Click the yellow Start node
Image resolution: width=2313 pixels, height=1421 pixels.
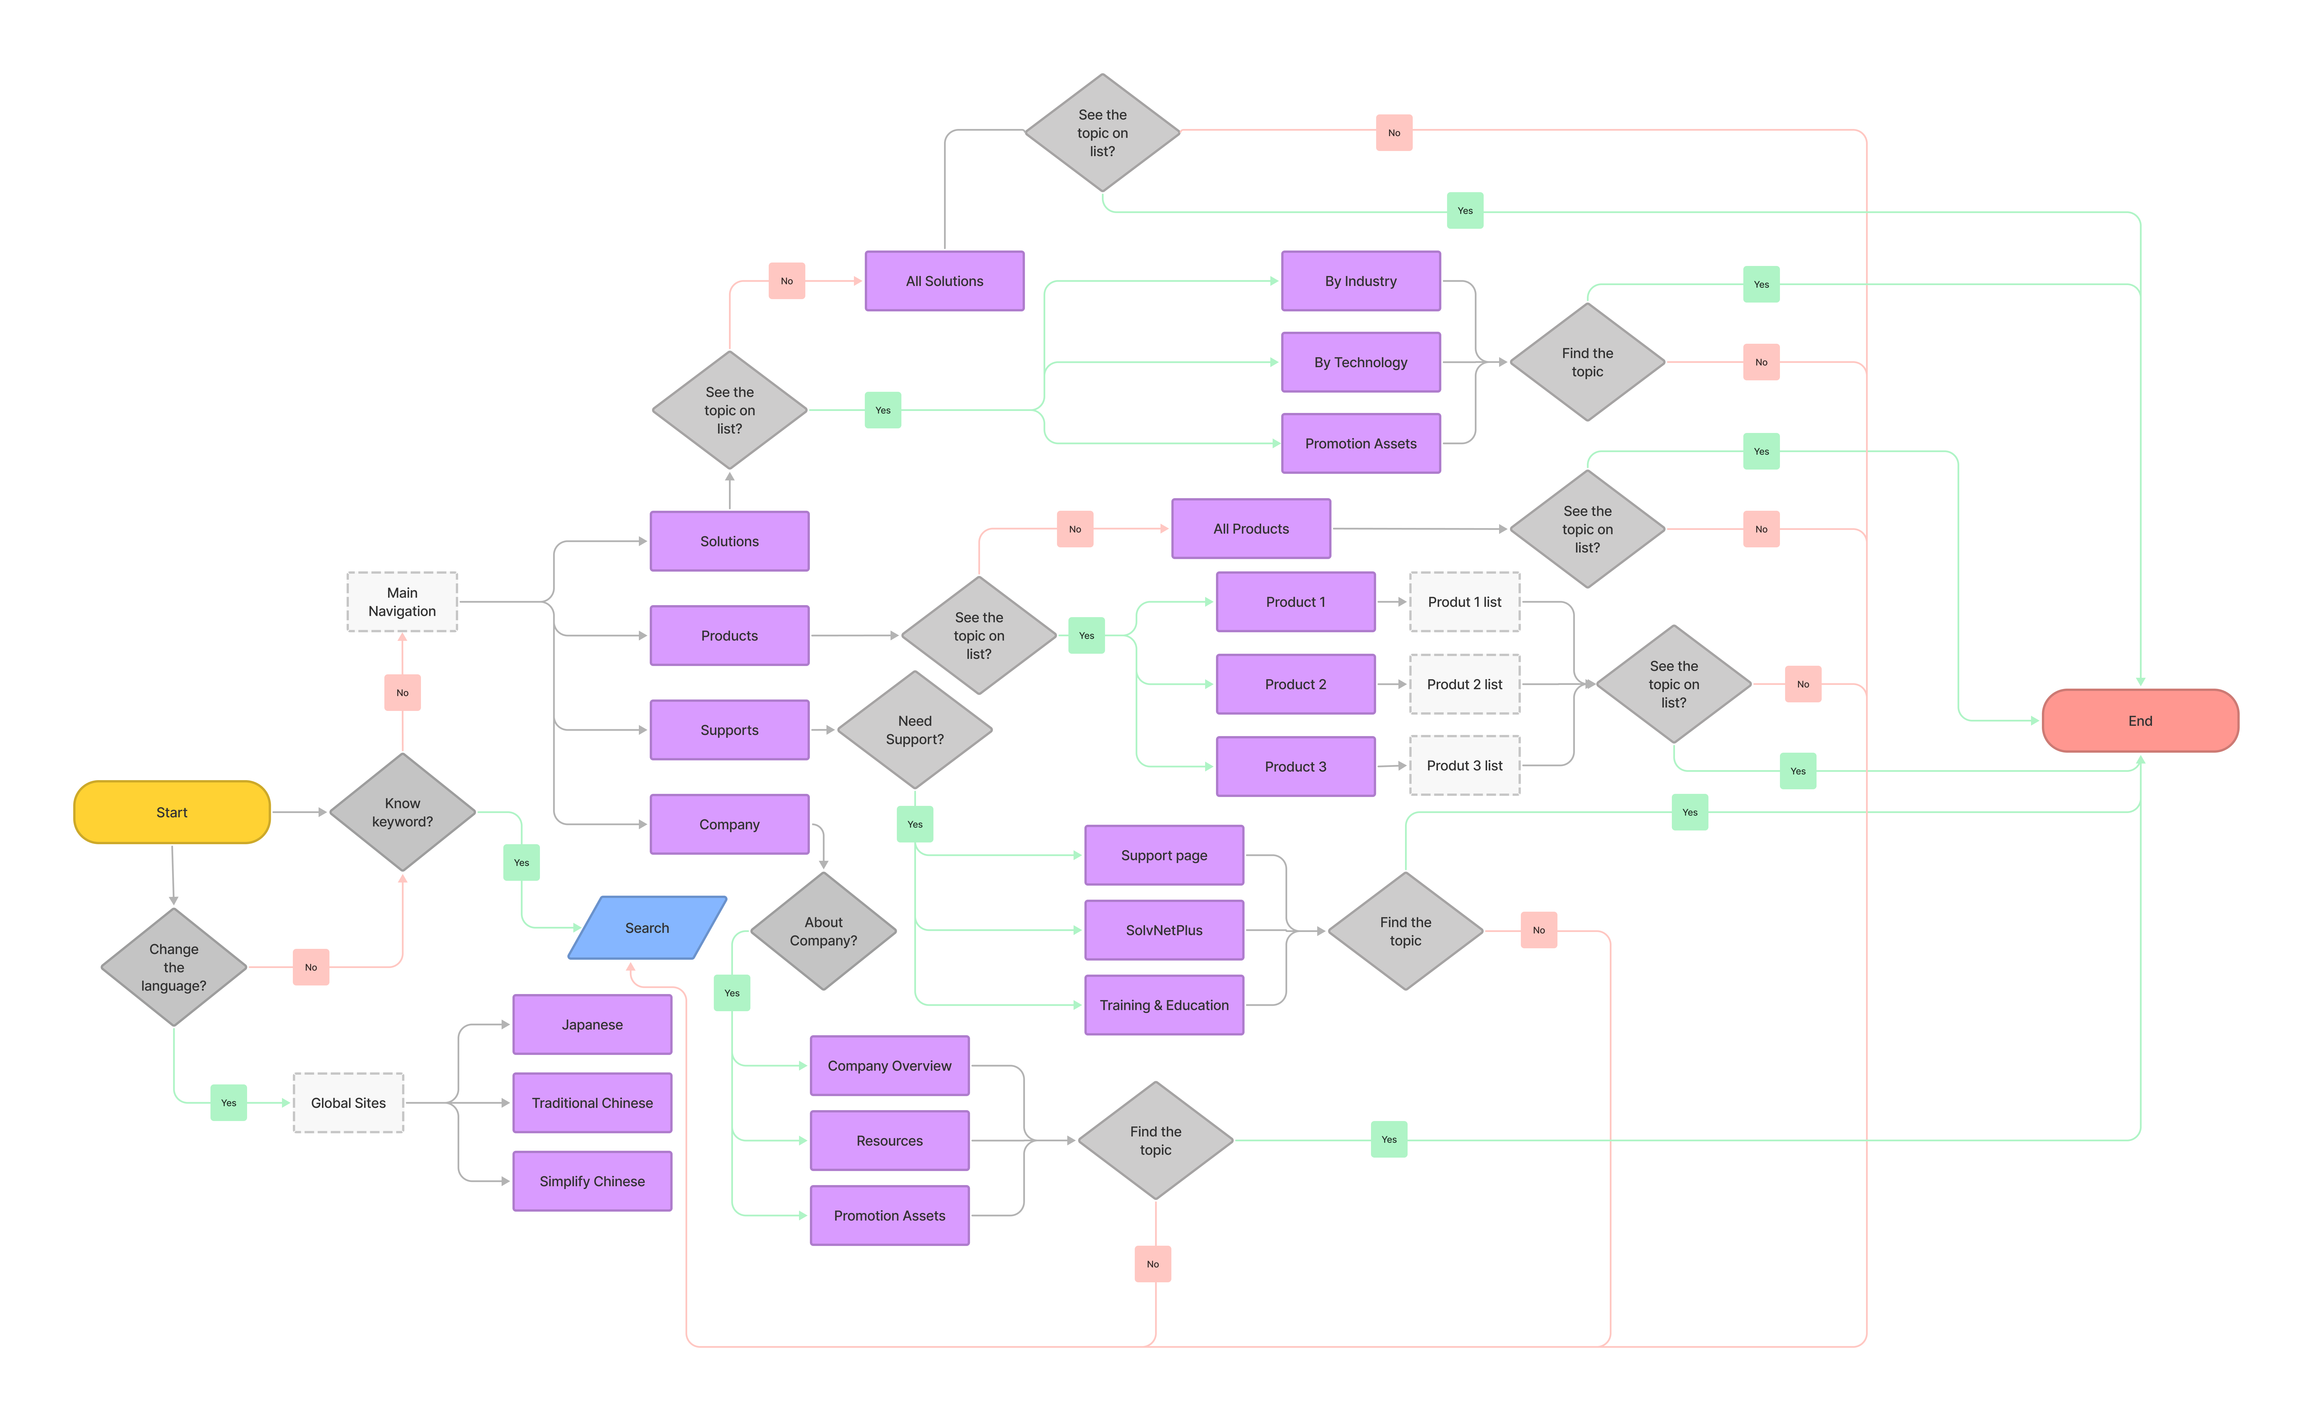point(172,812)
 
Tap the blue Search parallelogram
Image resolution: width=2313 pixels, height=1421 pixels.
point(647,928)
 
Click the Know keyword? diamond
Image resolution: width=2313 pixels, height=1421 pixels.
point(402,812)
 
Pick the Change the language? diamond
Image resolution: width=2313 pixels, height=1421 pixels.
point(174,967)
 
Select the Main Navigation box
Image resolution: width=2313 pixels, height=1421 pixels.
point(402,601)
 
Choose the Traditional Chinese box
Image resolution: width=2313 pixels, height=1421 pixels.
point(592,1102)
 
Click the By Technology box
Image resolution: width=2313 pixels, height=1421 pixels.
point(1360,362)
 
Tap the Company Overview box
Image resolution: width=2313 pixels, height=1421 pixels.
point(889,1066)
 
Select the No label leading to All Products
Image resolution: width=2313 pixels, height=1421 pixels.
point(1074,529)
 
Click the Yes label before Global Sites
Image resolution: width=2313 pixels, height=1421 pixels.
point(228,1102)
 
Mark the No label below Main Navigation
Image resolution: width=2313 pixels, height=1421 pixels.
point(402,693)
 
